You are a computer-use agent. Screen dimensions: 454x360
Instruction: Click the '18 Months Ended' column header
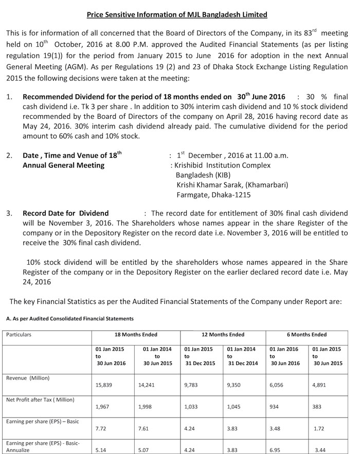point(136,334)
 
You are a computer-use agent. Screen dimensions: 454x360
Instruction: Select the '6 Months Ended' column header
point(309,334)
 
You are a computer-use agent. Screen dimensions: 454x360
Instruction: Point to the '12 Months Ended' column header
point(223,334)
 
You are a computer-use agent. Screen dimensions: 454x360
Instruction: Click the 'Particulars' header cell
point(19,334)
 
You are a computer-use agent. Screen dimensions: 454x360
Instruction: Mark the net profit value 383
point(317,407)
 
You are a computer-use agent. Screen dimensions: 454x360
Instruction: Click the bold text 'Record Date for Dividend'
point(66,213)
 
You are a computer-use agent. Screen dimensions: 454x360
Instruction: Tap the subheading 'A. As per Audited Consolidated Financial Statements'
point(70,319)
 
